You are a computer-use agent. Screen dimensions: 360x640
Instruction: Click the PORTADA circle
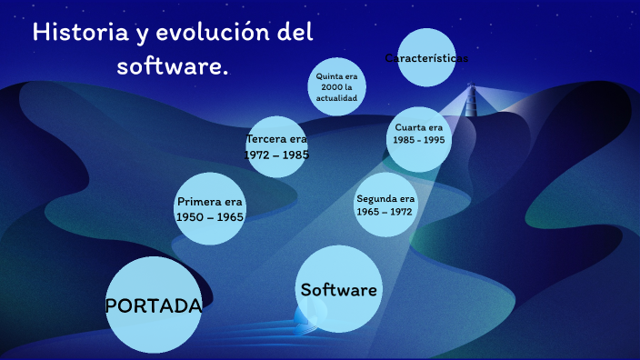pyautogui.click(x=153, y=305)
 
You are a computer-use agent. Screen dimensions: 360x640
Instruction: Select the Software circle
pyautogui.click(x=338, y=290)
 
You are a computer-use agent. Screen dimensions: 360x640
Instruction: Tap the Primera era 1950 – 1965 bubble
pyautogui.click(x=210, y=209)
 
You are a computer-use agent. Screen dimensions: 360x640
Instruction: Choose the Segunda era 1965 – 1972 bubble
pyautogui.click(x=385, y=205)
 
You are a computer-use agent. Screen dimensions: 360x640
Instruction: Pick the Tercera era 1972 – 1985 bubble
pyautogui.click(x=277, y=147)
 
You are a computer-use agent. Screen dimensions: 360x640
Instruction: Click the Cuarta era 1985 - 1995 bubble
pyautogui.click(x=419, y=135)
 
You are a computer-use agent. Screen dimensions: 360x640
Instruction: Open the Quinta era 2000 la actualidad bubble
pyautogui.click(x=338, y=86)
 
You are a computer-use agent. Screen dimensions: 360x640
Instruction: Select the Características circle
pyautogui.click(x=426, y=58)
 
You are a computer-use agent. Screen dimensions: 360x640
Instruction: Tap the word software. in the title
pyautogui.click(x=173, y=66)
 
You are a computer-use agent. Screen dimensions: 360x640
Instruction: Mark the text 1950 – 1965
pyautogui.click(x=210, y=217)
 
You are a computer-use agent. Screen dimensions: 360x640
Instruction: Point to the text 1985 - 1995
pyautogui.click(x=419, y=141)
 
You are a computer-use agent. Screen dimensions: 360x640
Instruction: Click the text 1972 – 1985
pyautogui.click(x=277, y=155)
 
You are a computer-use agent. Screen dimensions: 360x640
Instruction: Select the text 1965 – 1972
pyautogui.click(x=385, y=212)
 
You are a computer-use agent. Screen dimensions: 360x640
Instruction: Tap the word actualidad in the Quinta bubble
pyautogui.click(x=338, y=97)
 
